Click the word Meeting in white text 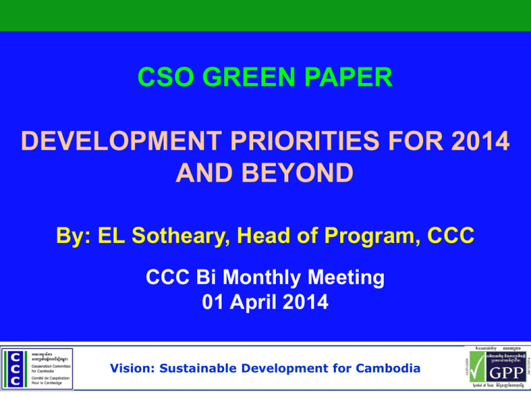342,278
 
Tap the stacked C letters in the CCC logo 15,369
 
